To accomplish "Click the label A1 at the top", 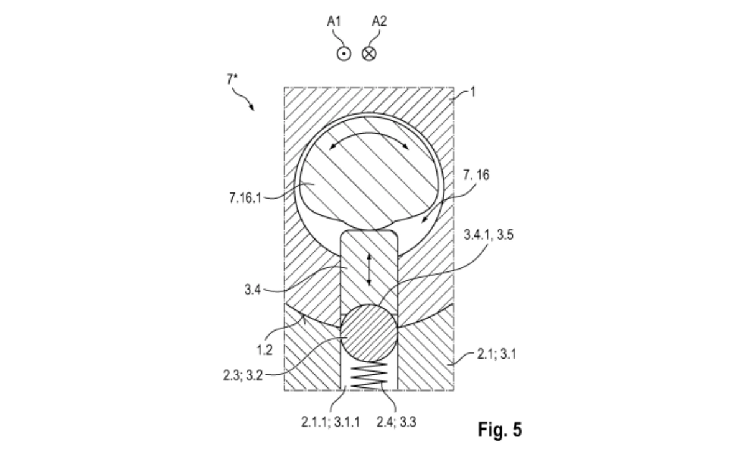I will pyautogui.click(x=335, y=22).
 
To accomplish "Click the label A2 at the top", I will pyautogui.click(x=380, y=22).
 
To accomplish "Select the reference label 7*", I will pyautogui.click(x=232, y=80).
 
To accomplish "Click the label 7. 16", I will pyautogui.click(x=476, y=176).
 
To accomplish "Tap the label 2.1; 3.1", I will pyautogui.click(x=494, y=355).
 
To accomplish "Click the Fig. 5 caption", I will pyautogui.click(x=500, y=430).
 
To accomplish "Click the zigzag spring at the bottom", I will pyautogui.click(x=369, y=376).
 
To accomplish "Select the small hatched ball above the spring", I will pyautogui.click(x=369, y=334).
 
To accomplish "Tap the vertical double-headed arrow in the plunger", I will pyautogui.click(x=369, y=270).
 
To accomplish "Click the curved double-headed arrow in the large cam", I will pyautogui.click(x=369, y=140).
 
